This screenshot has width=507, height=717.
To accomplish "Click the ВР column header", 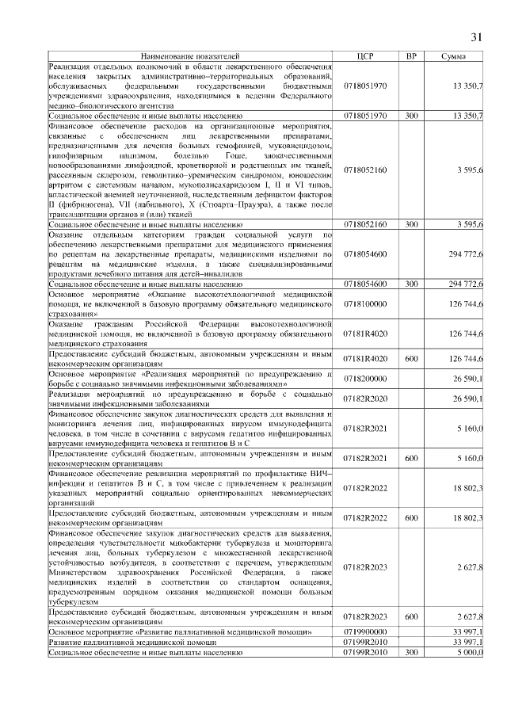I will click(411, 56).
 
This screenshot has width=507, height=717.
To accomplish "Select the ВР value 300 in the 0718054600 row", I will click(411, 284).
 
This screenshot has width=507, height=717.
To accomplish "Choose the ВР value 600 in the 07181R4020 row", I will click(411, 358).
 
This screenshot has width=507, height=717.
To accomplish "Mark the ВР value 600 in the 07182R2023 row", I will click(411, 616).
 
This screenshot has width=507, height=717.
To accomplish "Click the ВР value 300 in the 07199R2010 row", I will click(411, 652).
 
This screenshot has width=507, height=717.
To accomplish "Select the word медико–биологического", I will click(86, 104).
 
